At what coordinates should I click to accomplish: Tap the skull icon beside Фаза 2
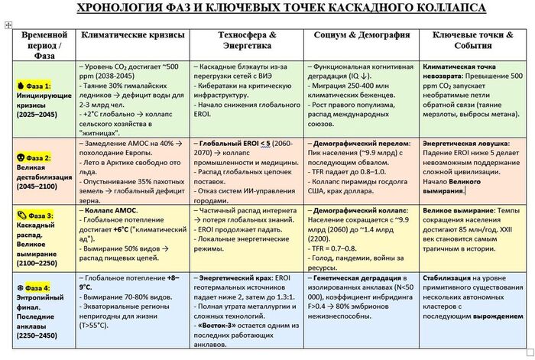pyautogui.click(x=19, y=157)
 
